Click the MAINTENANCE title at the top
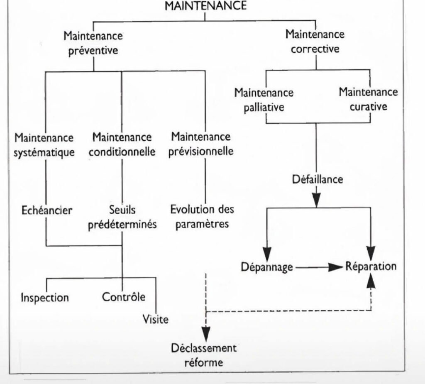(x=206, y=5)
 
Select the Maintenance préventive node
(x=93, y=43)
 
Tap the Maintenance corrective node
(x=315, y=42)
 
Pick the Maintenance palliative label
(x=264, y=100)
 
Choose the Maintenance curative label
(x=369, y=99)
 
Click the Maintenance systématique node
(x=44, y=145)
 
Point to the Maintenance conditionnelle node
(x=122, y=144)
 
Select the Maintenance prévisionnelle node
(x=201, y=144)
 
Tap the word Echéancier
(x=47, y=210)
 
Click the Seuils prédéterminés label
(x=122, y=217)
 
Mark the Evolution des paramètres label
(x=202, y=217)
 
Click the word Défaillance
(x=318, y=179)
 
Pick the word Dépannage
(x=267, y=267)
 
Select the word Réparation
(x=371, y=266)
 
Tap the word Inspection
(x=45, y=298)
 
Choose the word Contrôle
(x=124, y=297)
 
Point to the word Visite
(x=155, y=320)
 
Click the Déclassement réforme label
(x=203, y=355)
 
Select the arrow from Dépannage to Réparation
(x=320, y=267)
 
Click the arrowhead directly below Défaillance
(x=316, y=200)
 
